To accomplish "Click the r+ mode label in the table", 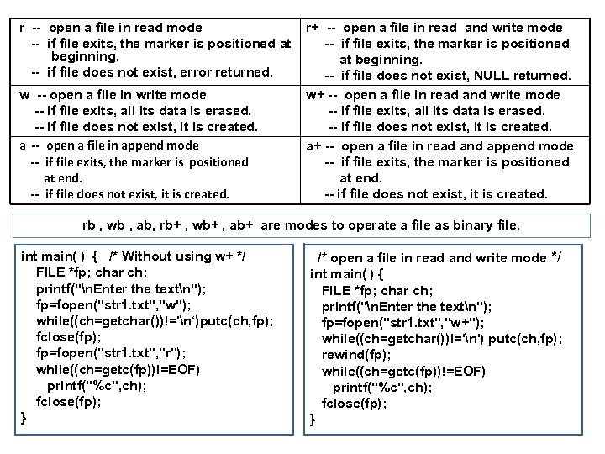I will (313, 28).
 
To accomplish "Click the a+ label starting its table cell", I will (314, 145).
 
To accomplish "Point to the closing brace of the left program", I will (24, 417).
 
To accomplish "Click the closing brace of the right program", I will (313, 420).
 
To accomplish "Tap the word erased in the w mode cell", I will (227, 110).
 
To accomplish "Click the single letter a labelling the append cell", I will (23, 145).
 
